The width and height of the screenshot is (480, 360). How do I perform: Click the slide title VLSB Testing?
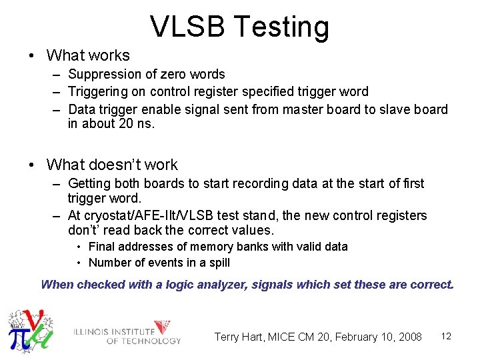point(239,27)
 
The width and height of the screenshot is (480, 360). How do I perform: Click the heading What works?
point(88,55)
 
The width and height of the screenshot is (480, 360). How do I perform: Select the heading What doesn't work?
point(112,165)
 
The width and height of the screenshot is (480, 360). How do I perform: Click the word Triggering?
point(100,91)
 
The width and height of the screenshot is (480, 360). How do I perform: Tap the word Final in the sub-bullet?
point(102,247)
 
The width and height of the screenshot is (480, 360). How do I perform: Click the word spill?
point(216,263)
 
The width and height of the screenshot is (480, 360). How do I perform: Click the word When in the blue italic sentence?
point(57,285)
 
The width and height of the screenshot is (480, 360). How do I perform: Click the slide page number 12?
point(446,336)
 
